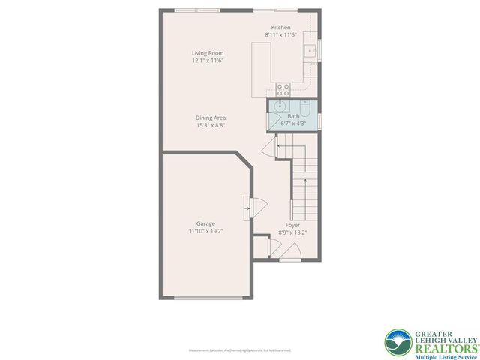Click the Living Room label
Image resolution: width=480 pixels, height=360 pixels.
(x=207, y=53)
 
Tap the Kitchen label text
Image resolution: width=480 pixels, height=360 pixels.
(x=281, y=28)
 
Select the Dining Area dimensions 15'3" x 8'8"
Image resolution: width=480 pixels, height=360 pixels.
(x=211, y=125)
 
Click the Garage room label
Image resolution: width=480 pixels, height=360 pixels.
(x=205, y=223)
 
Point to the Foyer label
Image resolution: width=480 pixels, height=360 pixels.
(x=292, y=225)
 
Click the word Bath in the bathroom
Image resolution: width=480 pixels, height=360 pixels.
(x=292, y=116)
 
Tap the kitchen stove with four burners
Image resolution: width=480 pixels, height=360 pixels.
(x=283, y=88)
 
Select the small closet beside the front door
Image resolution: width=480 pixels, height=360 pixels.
(x=260, y=246)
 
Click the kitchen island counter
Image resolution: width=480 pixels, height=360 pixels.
(x=261, y=68)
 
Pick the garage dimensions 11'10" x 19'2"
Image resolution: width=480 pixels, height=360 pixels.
(x=205, y=232)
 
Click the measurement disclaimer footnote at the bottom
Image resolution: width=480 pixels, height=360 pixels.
(x=240, y=350)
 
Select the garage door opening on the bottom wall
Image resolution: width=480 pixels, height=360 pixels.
(x=207, y=297)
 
